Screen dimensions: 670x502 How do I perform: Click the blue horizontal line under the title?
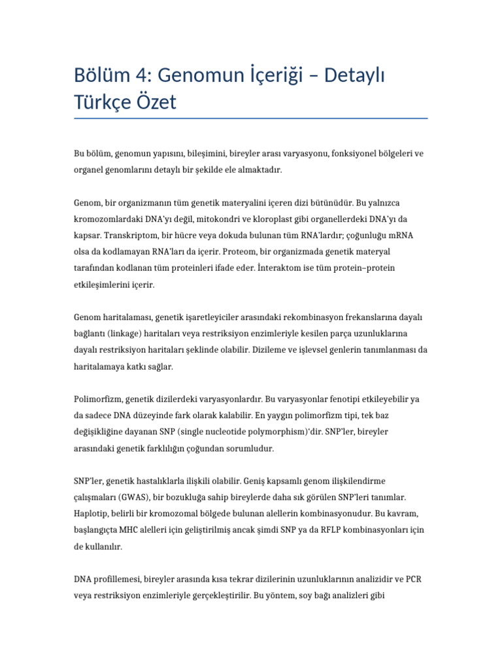251,118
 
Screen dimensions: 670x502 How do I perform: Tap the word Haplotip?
92,514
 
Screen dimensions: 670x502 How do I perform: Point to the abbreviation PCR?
414,579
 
